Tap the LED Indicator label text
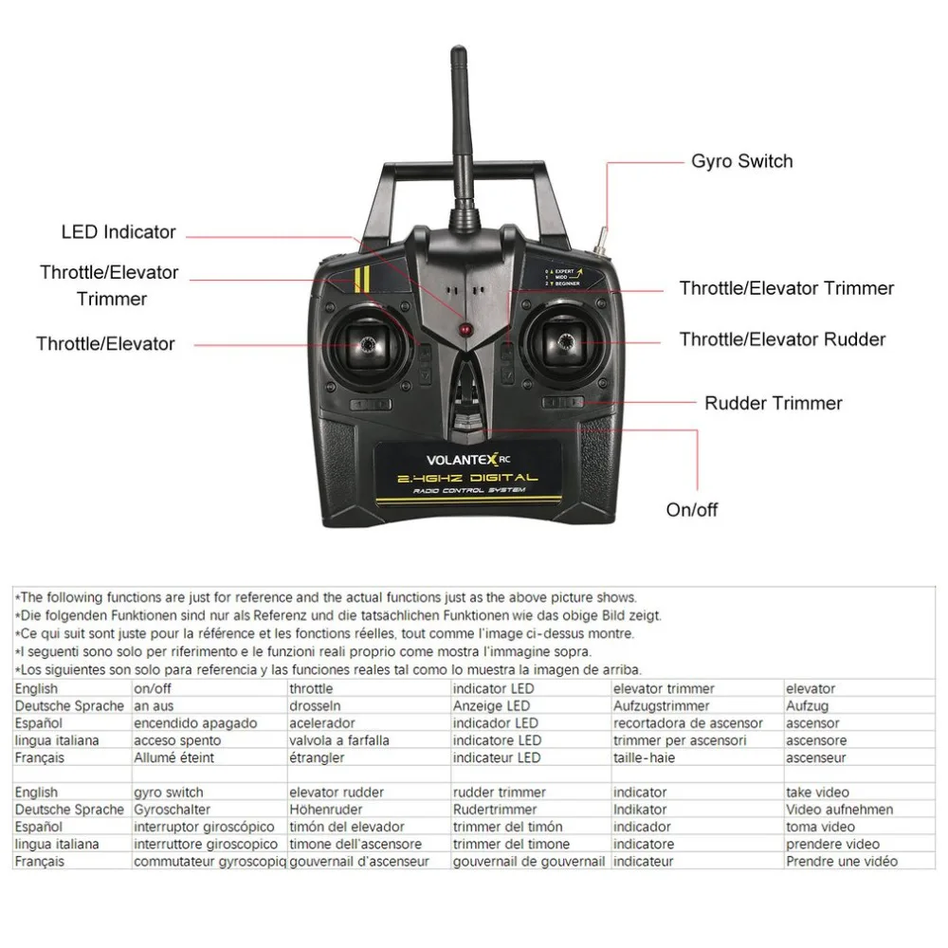(x=118, y=231)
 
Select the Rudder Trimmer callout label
(x=773, y=403)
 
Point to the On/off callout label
(x=692, y=510)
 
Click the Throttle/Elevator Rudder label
(x=782, y=339)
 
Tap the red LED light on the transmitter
(x=465, y=330)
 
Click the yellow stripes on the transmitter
(x=359, y=279)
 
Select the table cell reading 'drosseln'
(x=315, y=706)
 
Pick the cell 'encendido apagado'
(x=195, y=723)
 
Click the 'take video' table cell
(x=817, y=793)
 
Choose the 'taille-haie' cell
(x=645, y=757)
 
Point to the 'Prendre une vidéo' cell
(x=841, y=861)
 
